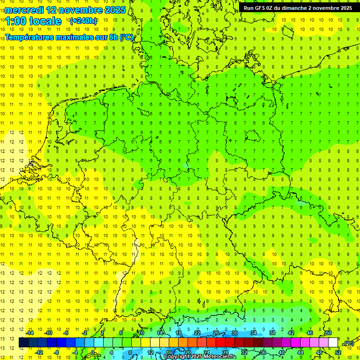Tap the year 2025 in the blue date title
[112, 10]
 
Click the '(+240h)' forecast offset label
[83, 21]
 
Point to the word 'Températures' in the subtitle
[29, 37]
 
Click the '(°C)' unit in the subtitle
[127, 37]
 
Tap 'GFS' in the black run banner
[262, 8]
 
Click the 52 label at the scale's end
[338, 352]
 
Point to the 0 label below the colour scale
[92, 352]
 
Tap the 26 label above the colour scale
[216, 333]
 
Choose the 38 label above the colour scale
[272, 333]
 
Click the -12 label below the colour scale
[39, 352]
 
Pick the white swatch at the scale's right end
[333, 343]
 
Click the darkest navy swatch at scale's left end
[23, 343]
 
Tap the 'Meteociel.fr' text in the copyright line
[220, 357]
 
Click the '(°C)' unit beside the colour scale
[348, 343]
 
